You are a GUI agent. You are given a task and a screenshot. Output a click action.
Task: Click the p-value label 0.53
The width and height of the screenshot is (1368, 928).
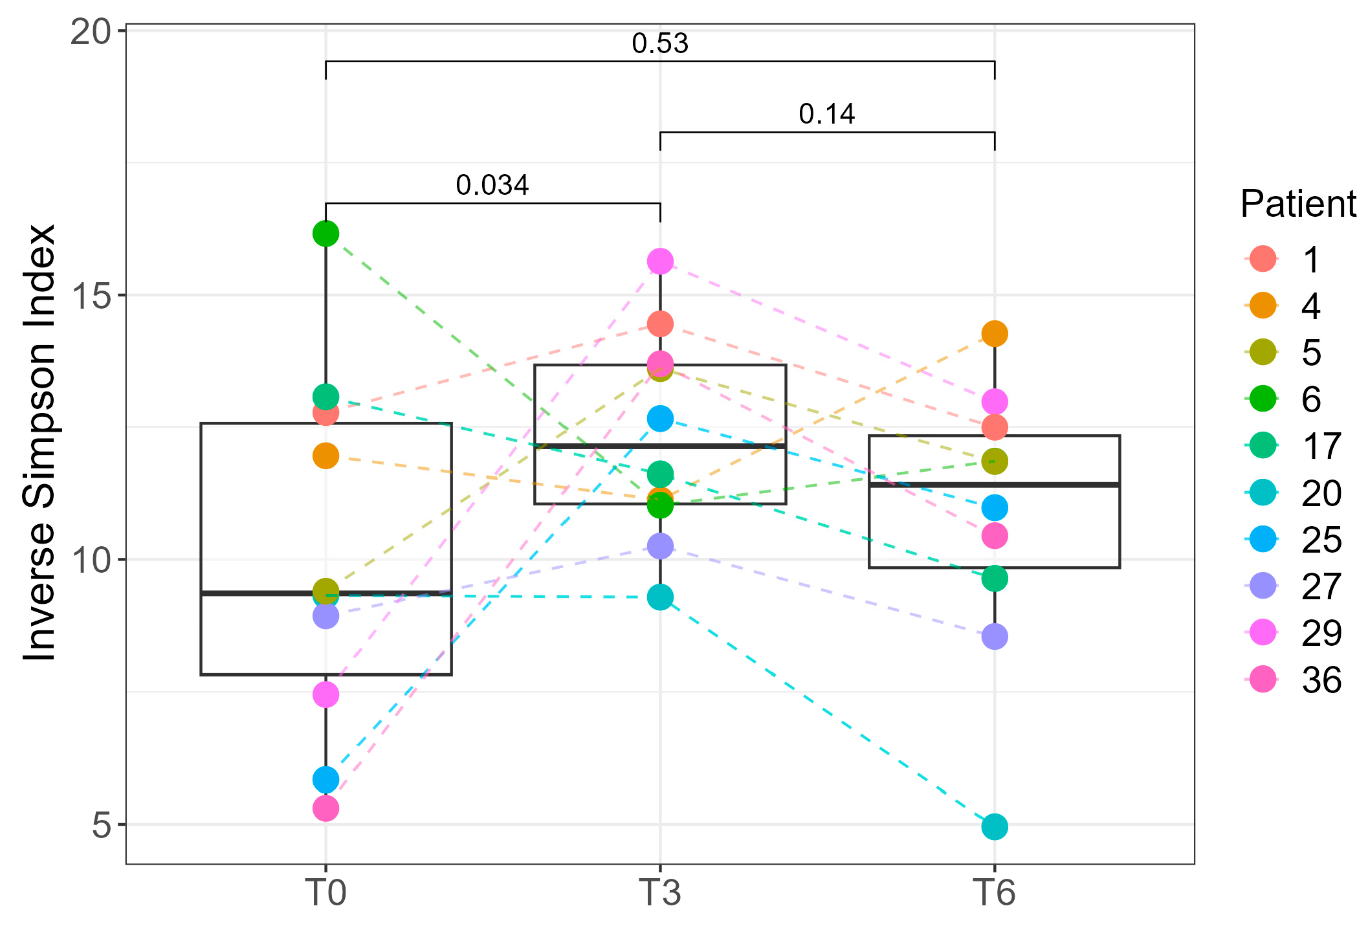(660, 44)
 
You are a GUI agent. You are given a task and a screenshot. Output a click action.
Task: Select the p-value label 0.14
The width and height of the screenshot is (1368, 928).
(826, 115)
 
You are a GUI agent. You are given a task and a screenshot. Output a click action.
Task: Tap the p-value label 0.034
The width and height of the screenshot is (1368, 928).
(492, 186)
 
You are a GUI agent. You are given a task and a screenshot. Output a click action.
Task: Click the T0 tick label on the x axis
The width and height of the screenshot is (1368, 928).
(325, 894)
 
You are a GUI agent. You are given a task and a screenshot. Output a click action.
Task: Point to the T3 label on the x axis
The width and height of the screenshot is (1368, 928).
(659, 894)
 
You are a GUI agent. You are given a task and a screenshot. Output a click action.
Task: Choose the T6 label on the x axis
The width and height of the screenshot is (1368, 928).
(994, 894)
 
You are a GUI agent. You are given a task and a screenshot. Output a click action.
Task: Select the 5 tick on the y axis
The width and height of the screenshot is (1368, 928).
(101, 825)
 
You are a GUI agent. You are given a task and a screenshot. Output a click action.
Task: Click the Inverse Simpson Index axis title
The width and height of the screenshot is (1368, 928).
(40, 443)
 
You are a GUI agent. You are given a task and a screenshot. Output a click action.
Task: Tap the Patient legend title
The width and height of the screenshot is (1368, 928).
(1297, 204)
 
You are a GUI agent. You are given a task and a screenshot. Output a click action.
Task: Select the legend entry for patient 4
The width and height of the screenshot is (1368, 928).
(1311, 306)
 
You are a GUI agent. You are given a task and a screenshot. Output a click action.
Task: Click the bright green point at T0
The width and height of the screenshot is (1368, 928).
(325, 234)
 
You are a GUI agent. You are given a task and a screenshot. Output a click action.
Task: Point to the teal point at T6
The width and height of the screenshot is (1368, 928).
(995, 826)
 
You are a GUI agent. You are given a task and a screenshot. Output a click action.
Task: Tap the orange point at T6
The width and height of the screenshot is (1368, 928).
(995, 334)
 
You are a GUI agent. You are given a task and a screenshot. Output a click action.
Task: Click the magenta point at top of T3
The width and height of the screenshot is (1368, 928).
(660, 261)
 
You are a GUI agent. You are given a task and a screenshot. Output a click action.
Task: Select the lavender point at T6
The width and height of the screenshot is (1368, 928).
(995, 637)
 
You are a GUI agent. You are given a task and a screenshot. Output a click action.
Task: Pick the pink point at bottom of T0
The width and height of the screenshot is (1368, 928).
(325, 808)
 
